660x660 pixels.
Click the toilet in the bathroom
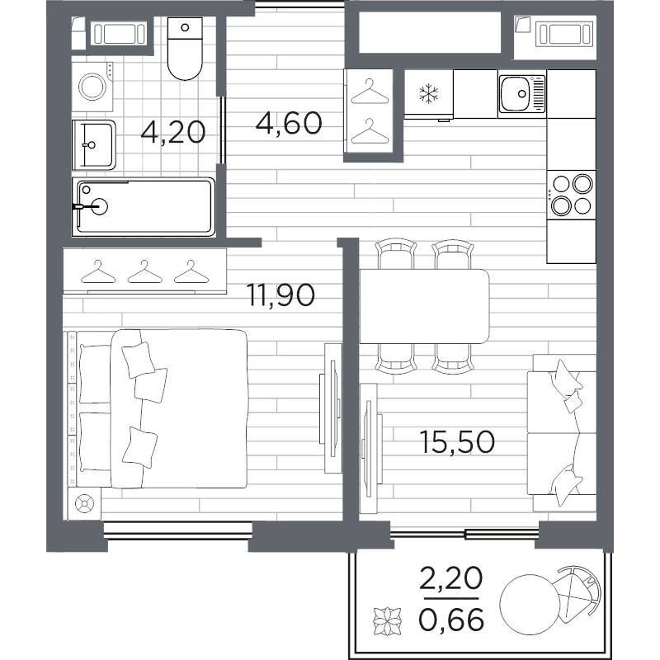pyautogui.click(x=185, y=48)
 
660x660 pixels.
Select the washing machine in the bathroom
pyautogui.click(x=92, y=87)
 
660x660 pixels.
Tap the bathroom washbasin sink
pyautogui.click(x=93, y=145)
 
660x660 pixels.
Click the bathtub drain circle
pyautogui.click(x=100, y=206)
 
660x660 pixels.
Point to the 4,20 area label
pyautogui.click(x=173, y=132)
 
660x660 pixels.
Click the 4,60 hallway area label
pyautogui.click(x=289, y=123)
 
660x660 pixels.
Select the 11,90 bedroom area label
pyautogui.click(x=280, y=295)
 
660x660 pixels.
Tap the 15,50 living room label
pyautogui.click(x=457, y=442)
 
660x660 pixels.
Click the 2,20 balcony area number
pyautogui.click(x=450, y=578)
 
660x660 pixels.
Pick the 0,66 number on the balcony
pyautogui.click(x=451, y=620)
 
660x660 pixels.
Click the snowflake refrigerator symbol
pyautogui.click(x=428, y=94)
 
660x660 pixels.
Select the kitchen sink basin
pyautogui.click(x=522, y=93)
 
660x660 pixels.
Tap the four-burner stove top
pyautogui.click(x=571, y=195)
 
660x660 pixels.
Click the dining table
pyautogui.click(x=424, y=306)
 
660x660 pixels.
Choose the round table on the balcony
pyautogui.click(x=530, y=605)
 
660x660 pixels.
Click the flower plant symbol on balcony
pyautogui.click(x=387, y=621)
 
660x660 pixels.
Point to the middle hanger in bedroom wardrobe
pyautogui.click(x=145, y=272)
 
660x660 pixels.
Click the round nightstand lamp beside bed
pyautogui.click(x=84, y=504)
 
